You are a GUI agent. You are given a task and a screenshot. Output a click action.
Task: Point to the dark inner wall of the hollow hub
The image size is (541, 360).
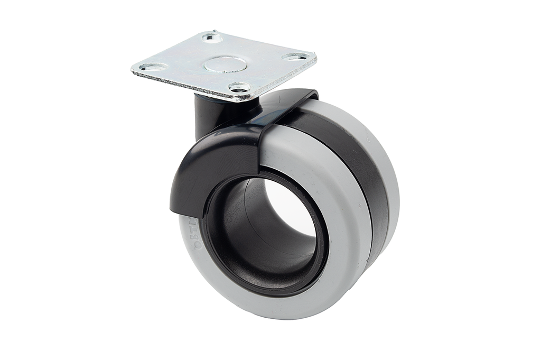click(248, 233)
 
